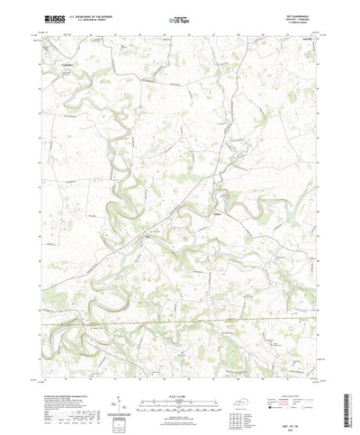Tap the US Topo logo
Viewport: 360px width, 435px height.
[x=179, y=18]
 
